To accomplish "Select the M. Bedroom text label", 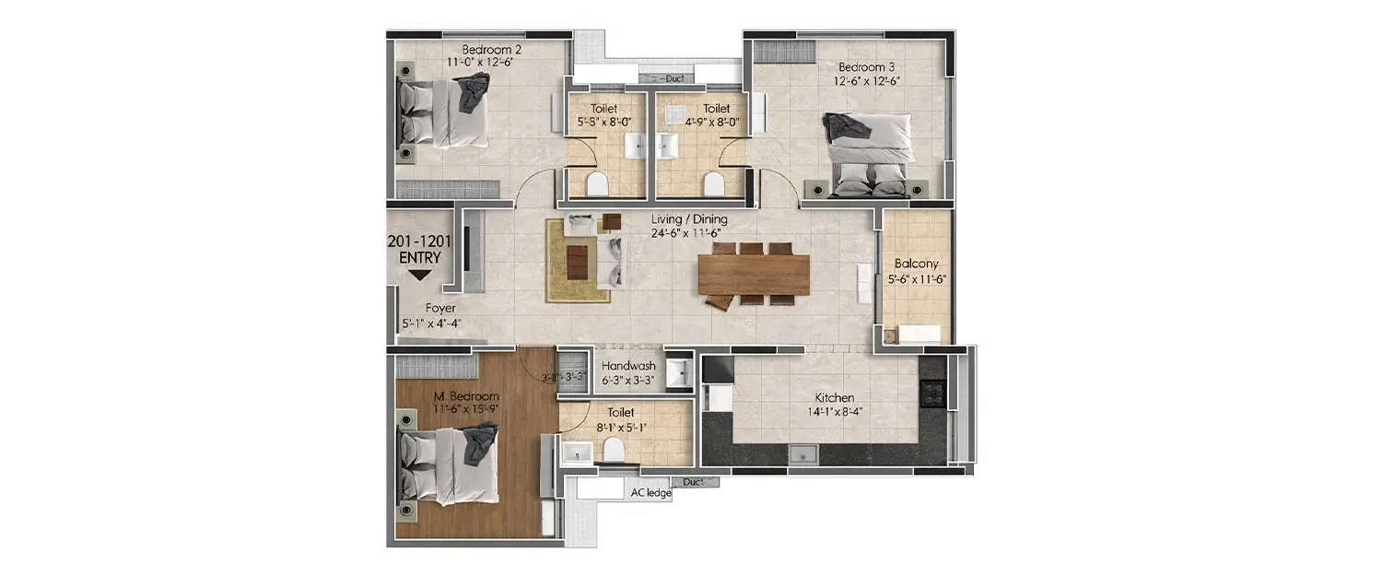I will [466, 396].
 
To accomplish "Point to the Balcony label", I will [916, 264].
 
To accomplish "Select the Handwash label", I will [628, 366].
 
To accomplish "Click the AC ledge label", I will [650, 493].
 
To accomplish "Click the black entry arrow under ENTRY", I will [419, 275].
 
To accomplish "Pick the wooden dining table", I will [754, 274].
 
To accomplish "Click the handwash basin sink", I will [678, 372].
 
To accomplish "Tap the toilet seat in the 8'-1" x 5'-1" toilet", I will [611, 450].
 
